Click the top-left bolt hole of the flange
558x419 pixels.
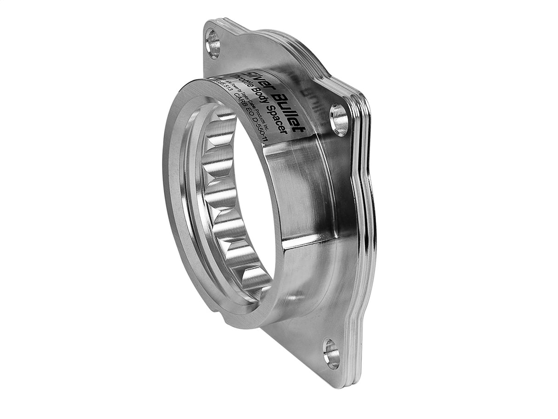click(x=213, y=44)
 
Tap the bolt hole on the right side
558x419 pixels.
click(x=339, y=120)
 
